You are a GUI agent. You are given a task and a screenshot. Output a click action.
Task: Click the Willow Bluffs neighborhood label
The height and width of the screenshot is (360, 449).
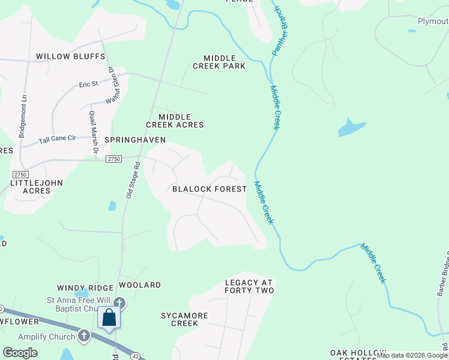coord(70,56)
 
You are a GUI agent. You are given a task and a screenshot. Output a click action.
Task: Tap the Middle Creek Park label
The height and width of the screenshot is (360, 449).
coord(219,62)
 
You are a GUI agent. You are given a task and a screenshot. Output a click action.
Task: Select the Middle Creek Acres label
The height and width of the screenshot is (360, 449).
coord(175,121)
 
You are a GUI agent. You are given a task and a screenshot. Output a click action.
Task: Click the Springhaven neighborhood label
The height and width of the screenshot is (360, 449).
coord(135,139)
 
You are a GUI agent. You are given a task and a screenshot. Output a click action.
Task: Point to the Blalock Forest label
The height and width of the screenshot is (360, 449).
coord(209,189)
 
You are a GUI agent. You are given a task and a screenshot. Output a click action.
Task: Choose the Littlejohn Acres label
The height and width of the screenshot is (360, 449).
coord(37,187)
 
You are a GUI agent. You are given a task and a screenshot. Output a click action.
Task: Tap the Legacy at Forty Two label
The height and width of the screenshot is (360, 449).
coord(249,286)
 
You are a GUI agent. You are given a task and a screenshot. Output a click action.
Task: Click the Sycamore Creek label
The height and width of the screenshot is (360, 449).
coord(184,319)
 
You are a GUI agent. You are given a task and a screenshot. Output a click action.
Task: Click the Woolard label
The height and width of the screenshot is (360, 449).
coord(140,285)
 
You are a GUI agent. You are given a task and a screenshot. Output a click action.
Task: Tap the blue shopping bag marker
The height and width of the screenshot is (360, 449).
coord(109,317)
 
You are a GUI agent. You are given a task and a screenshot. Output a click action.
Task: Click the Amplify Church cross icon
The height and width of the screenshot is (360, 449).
coord(83,337)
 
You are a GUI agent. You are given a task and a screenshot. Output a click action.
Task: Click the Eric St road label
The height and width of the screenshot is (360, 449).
coord(88,85)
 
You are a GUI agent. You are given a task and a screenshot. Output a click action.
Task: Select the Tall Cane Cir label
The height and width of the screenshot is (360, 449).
coord(58,139)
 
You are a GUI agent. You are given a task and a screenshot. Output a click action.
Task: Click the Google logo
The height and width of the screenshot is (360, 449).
coord(20,353)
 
